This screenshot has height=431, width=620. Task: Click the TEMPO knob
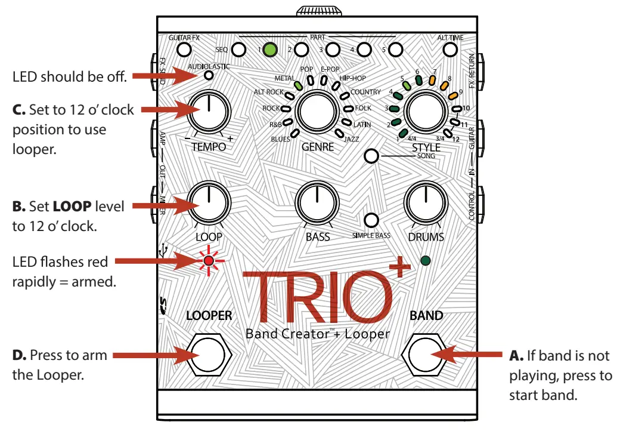click(x=209, y=112)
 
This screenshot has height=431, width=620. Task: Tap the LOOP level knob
click(x=209, y=202)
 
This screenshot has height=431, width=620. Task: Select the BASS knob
click(x=317, y=202)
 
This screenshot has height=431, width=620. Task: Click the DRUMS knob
click(x=426, y=202)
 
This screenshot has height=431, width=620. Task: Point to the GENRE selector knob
click(x=317, y=112)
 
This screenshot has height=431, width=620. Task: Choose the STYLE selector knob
click(x=426, y=112)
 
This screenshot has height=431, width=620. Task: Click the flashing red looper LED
click(x=209, y=261)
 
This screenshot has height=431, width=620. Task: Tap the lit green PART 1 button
click(x=271, y=50)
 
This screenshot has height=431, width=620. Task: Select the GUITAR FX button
click(x=184, y=50)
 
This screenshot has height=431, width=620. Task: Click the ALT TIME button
click(x=450, y=50)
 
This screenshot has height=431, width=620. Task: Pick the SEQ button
click(x=239, y=50)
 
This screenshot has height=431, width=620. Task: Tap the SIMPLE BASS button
click(x=371, y=220)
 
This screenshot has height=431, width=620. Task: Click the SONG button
click(x=371, y=157)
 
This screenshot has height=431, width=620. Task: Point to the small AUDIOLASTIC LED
click(x=209, y=75)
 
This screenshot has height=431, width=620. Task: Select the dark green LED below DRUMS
click(x=426, y=261)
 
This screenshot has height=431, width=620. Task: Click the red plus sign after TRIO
click(x=400, y=267)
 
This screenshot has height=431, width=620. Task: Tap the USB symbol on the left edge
click(x=163, y=251)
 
